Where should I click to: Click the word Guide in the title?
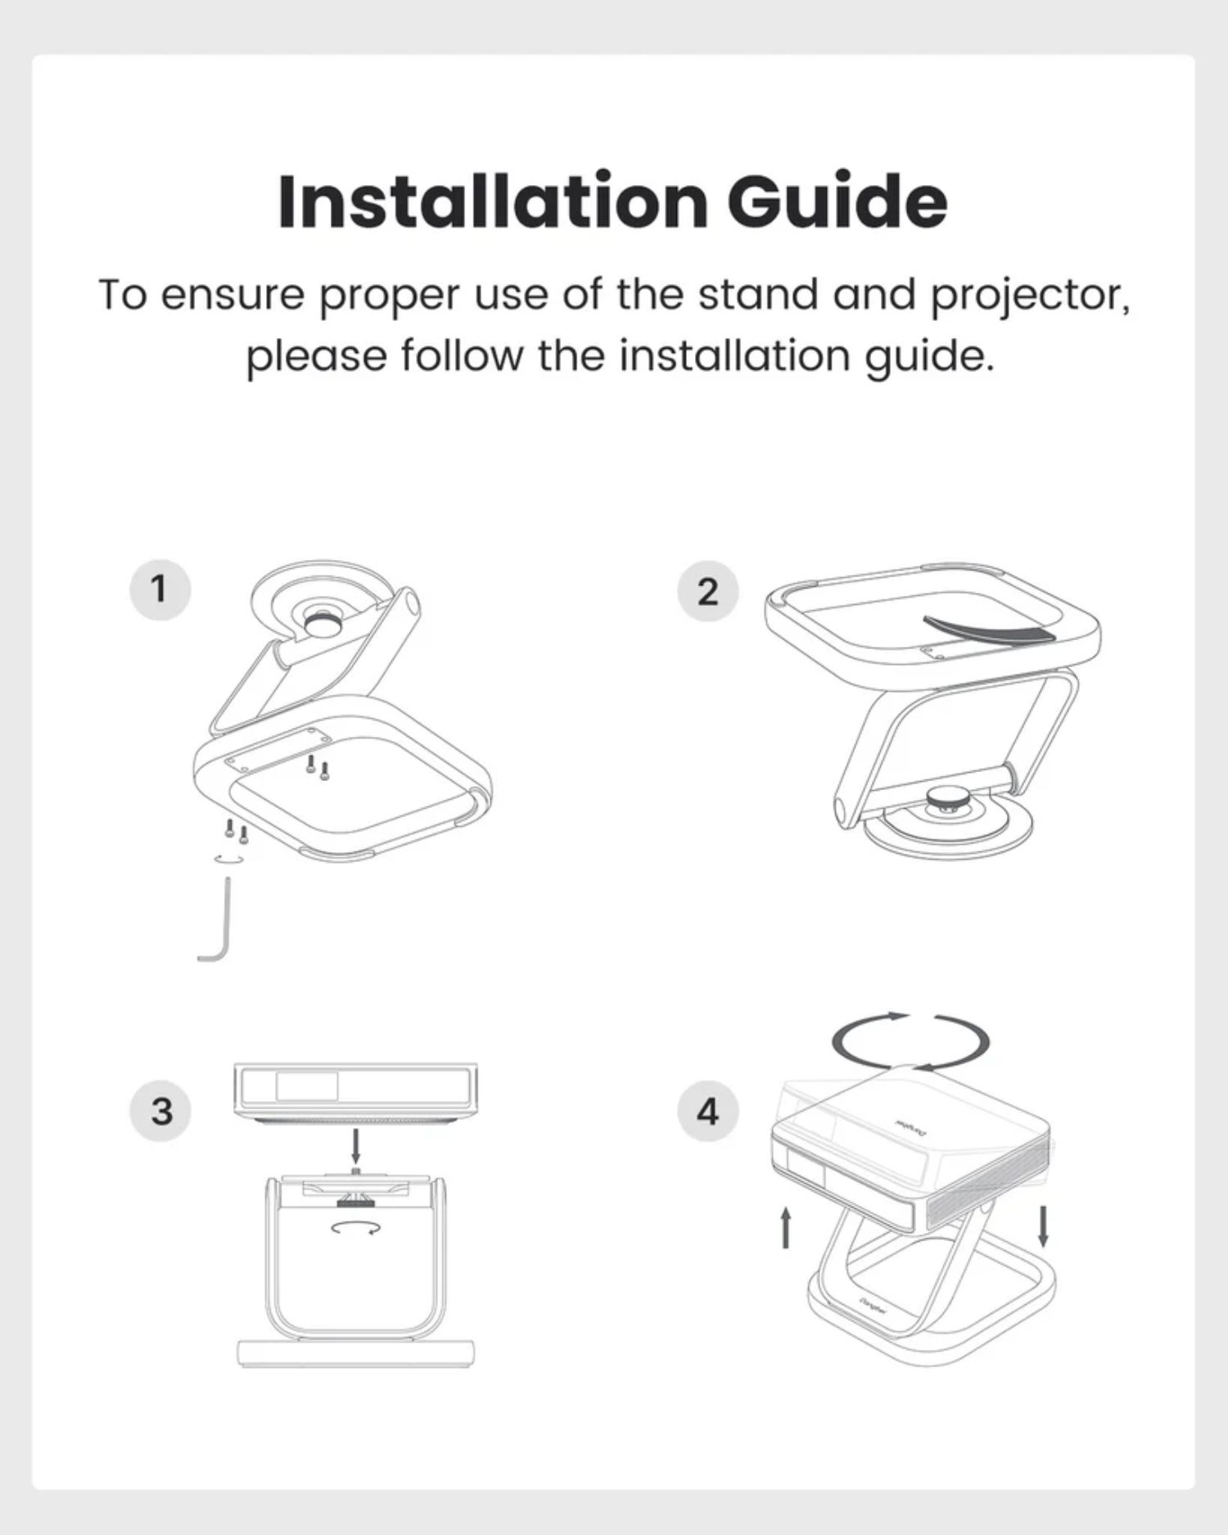(x=837, y=202)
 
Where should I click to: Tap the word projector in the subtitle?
(x=1030, y=296)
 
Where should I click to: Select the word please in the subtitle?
(x=316, y=358)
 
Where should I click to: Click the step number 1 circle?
(x=160, y=589)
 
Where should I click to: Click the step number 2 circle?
(x=708, y=591)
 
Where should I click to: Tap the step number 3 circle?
(x=161, y=1111)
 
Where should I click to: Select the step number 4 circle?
(x=708, y=1111)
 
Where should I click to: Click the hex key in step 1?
(x=226, y=925)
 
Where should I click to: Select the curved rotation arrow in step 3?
(x=355, y=1226)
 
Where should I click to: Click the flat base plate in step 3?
(x=355, y=1353)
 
